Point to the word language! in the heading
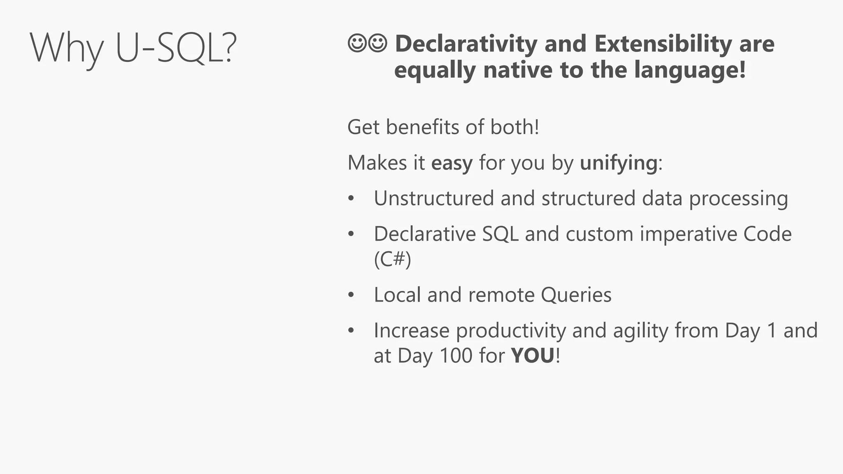pos(689,70)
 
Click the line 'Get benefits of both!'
pos(443,127)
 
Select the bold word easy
pos(452,163)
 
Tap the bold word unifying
pos(619,163)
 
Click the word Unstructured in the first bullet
pos(433,198)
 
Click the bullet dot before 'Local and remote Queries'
pos(351,295)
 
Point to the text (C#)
pos(392,259)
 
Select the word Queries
pos(576,295)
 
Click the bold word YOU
pos(533,355)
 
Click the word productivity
pos(511,331)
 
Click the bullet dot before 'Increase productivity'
pos(351,331)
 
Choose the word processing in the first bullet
pos(738,198)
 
